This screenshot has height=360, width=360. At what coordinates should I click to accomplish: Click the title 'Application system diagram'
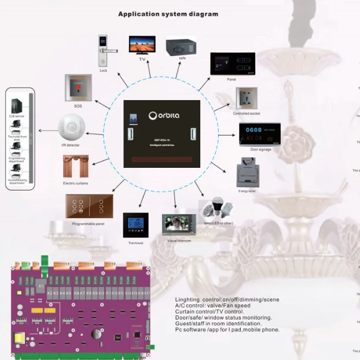[168, 14]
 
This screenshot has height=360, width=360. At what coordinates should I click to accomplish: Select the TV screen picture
[141, 45]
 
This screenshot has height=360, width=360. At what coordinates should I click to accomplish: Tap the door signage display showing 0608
[259, 134]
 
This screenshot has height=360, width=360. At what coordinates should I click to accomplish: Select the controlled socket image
[246, 98]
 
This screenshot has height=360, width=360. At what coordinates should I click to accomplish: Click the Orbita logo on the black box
[164, 115]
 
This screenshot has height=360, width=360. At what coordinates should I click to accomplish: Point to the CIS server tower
[16, 105]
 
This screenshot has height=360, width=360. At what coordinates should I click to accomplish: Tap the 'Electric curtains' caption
[76, 183]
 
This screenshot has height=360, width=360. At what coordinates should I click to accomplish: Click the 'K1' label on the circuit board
[41, 286]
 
